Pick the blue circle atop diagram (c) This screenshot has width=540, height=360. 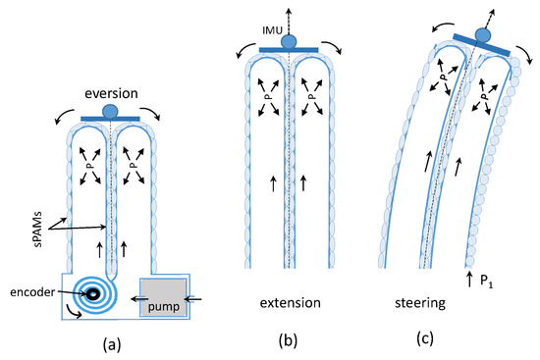point(483,36)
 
